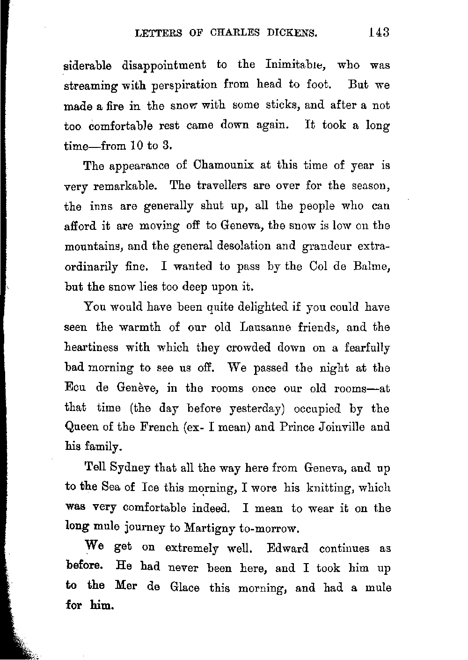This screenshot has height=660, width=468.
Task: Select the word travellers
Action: pyautogui.click(x=218, y=185)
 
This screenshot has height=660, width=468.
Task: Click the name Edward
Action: pyautogui.click(x=287, y=549)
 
